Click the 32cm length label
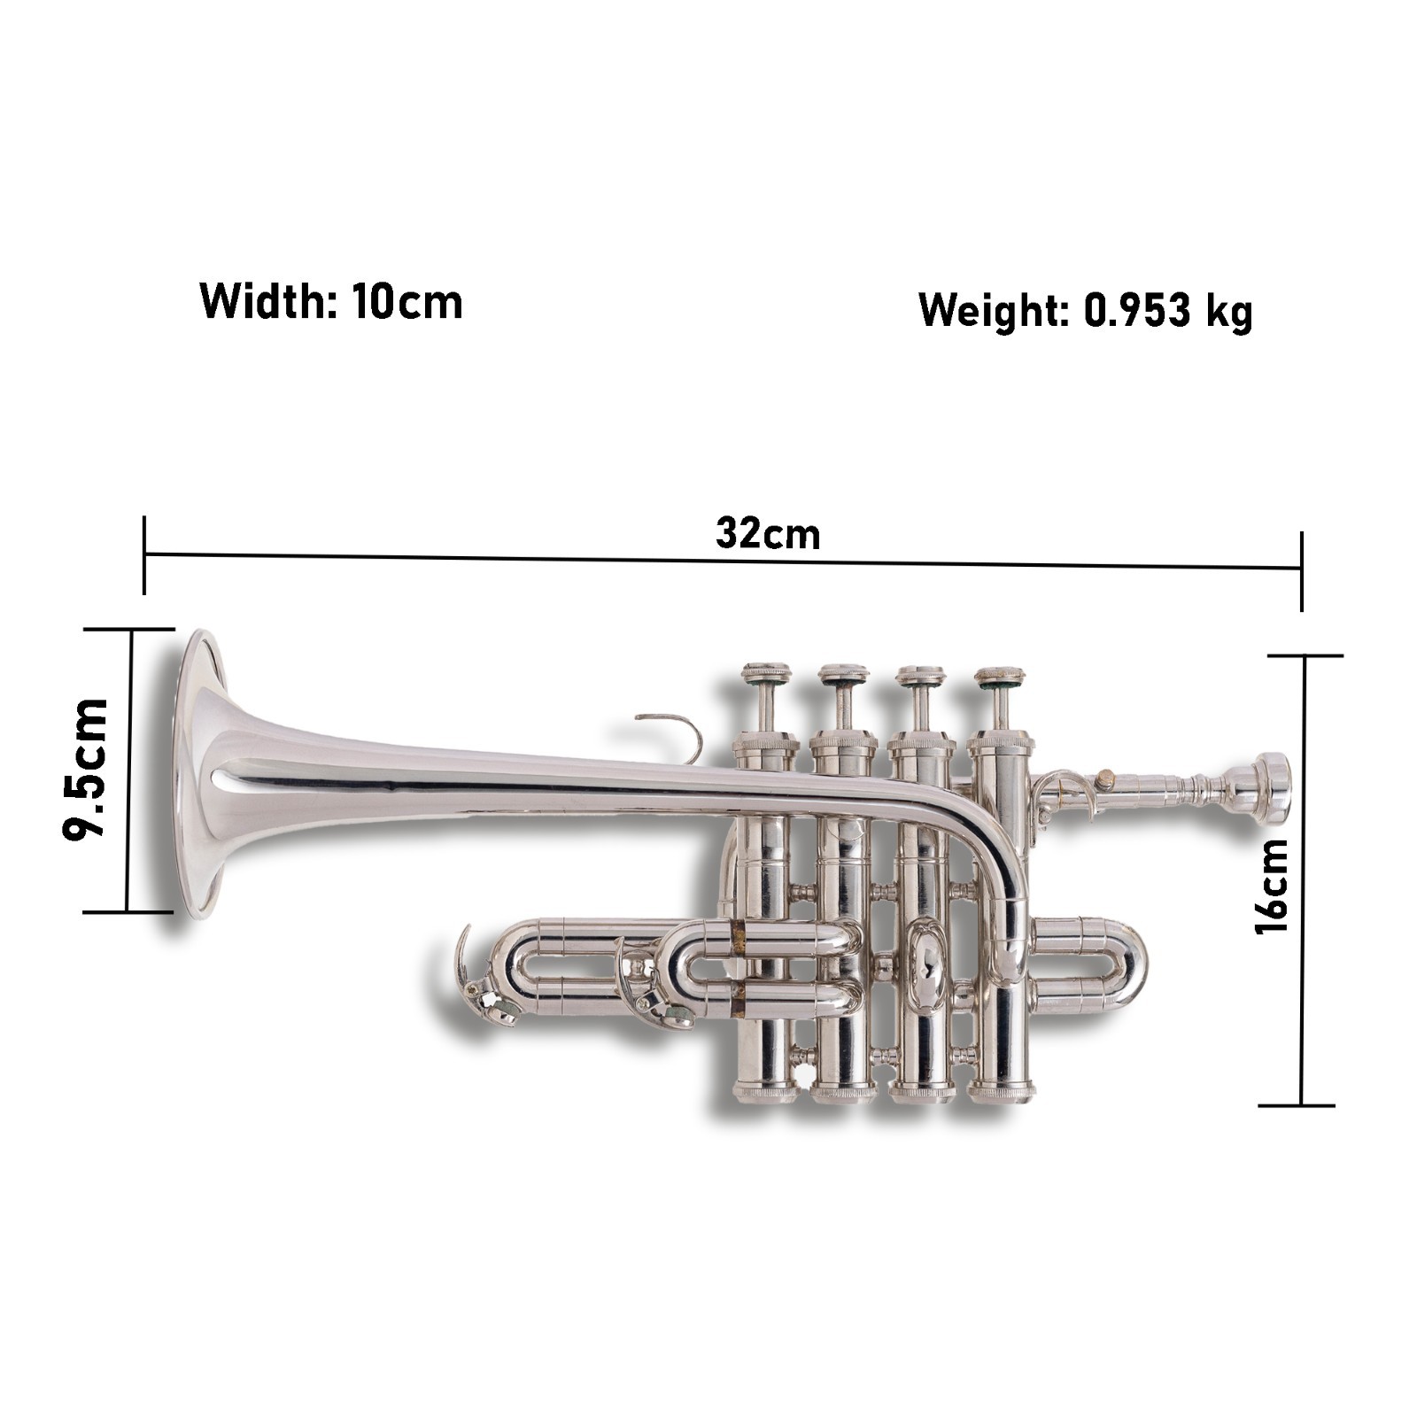pos(768,534)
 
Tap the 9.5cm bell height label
pos(86,768)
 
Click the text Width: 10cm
pos(331,302)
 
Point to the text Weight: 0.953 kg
pos(1085,311)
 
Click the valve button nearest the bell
pos(766,672)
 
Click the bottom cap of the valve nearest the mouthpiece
pos(1001,1091)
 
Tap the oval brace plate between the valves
pos(925,965)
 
